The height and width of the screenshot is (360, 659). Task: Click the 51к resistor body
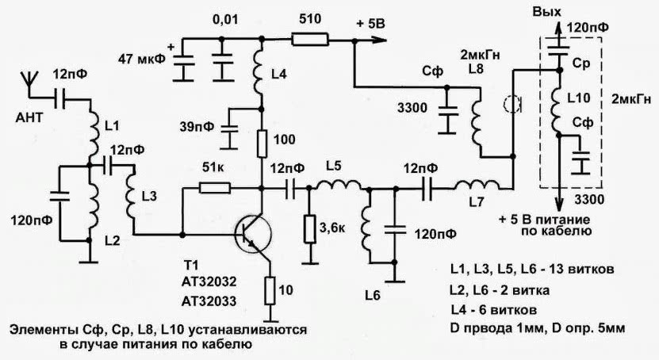[x=214, y=188]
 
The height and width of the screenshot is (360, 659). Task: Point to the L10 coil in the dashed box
[x=558, y=107]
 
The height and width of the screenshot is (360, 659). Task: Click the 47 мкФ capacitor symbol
[x=183, y=64]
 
